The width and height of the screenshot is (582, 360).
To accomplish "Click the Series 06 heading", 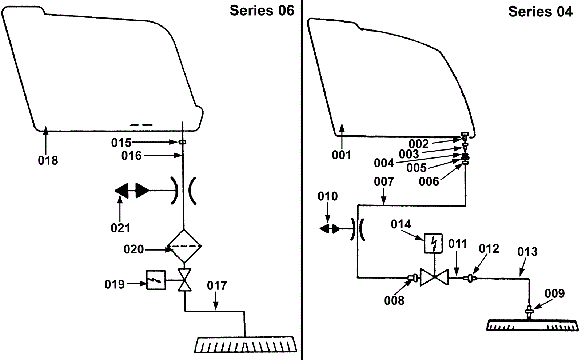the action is point(262,11).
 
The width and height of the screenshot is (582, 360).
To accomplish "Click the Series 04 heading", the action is point(541,12).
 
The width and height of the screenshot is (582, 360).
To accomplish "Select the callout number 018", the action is point(48,160).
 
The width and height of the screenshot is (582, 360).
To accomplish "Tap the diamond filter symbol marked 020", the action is point(184,246).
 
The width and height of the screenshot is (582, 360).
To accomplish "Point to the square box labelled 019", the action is point(156,280).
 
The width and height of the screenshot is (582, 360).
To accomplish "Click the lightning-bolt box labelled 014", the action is point(433,243).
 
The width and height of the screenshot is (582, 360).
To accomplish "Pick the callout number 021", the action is point(120,228).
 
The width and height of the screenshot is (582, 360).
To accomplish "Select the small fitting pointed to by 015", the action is point(183,142).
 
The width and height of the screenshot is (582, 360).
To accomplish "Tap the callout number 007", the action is point(384,181).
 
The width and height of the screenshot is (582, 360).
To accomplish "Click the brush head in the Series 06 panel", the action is point(246,345).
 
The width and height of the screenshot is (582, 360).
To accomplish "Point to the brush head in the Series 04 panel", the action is point(532,325).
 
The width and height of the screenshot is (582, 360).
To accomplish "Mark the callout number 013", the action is point(527,252).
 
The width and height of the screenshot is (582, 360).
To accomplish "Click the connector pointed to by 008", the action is point(413,278).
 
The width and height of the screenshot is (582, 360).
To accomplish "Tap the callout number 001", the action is point(342,155).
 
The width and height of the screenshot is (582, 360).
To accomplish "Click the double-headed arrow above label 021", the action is point(132,191).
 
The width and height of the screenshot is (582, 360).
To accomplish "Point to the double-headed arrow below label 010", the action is point(330,229).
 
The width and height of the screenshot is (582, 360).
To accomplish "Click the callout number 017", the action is point(217,286).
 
